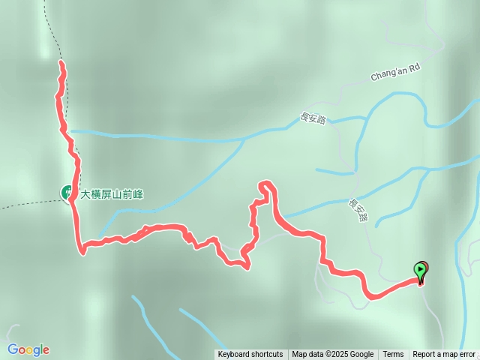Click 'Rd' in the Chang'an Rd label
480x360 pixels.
click(x=413, y=67)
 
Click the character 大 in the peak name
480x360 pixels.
click(x=85, y=193)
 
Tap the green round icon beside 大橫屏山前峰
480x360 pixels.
click(x=67, y=193)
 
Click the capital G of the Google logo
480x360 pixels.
click(x=13, y=349)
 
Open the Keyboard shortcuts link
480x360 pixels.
click(x=250, y=355)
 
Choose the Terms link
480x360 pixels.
click(x=393, y=355)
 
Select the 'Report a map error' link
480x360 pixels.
click(x=444, y=355)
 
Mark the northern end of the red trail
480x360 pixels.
click(x=61, y=64)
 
